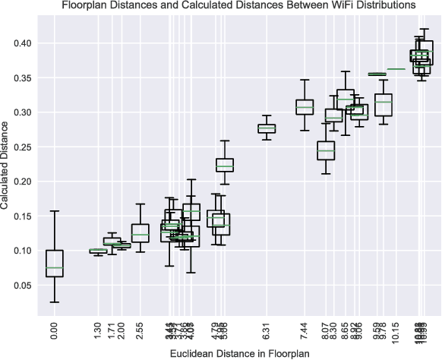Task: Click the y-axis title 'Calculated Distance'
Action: point(6,168)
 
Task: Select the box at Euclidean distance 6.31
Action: point(267,128)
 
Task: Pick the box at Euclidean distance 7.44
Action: point(305,107)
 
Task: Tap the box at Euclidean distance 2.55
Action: point(140,232)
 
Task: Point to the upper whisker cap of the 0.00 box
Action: point(54,211)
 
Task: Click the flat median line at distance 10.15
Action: point(396,69)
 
